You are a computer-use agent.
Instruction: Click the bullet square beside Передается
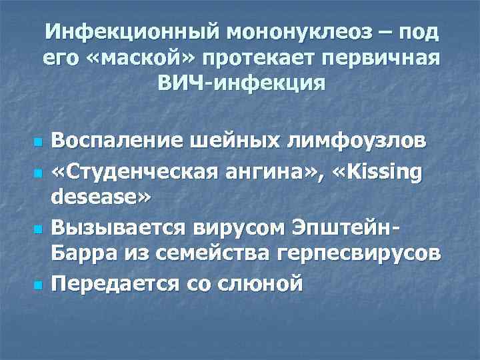tap(37, 285)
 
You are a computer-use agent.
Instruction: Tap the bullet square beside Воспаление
tap(37, 143)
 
